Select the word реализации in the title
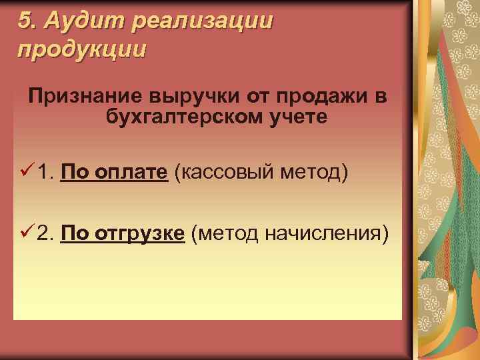click(203, 22)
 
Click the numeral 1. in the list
click(45, 174)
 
